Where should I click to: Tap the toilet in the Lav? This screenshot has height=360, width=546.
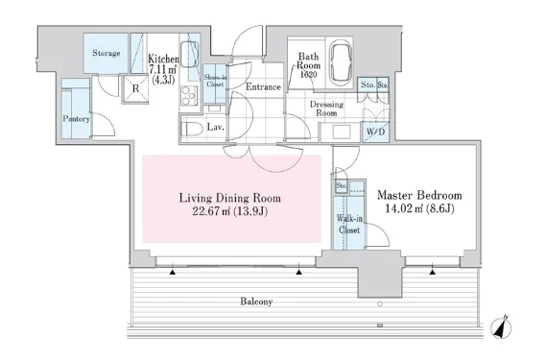pos(192,129)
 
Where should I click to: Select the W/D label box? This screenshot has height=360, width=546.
pos(376,132)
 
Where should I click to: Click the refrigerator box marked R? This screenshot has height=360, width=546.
pos(136,88)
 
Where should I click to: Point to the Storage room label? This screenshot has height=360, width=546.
pos(107,53)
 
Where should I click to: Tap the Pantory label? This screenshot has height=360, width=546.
pos(76,119)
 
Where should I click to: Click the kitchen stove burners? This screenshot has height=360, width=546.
pos(189,95)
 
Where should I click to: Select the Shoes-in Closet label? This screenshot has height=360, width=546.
pos(215,81)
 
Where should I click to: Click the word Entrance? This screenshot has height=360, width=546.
pos(263,86)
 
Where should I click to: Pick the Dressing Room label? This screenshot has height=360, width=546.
pos(326,108)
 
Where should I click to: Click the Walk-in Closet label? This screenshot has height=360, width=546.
pos(349,224)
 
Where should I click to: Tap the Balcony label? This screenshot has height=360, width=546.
pos(256,301)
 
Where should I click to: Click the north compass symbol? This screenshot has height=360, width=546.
pos(501,327)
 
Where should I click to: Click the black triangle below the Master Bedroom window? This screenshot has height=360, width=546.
pos(433,272)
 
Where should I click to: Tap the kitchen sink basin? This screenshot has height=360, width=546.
pos(190,56)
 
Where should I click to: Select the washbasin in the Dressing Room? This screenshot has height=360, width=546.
pos(342,132)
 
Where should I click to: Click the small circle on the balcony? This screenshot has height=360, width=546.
pos(380,304)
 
